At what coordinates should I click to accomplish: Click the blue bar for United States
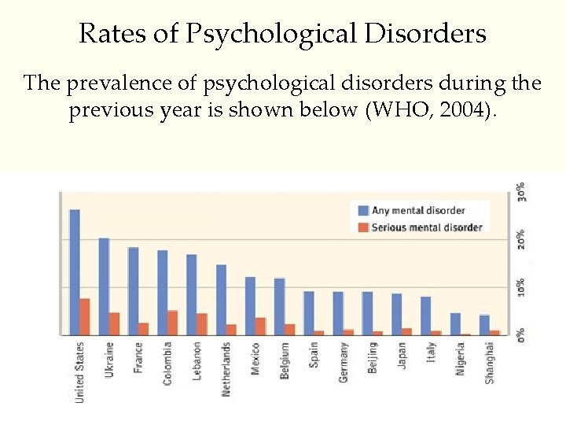pos(75,272)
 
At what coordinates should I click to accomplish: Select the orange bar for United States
pos(85,316)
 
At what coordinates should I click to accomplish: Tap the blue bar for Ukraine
pos(104,286)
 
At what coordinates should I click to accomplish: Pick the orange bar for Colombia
pos(172,323)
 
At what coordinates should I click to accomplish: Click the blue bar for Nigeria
pos(455,324)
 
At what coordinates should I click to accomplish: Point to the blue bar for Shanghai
pos(484,325)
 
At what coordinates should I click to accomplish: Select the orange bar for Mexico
pos(260,326)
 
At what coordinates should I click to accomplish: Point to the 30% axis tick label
pos(521,192)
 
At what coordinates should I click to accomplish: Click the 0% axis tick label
pos(521,334)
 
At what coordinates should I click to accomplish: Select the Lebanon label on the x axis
pos(197,360)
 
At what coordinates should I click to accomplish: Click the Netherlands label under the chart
pos(226,368)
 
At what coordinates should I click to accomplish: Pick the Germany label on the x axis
pos(344,362)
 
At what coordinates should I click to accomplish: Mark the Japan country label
pos(402,355)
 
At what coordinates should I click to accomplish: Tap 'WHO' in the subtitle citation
pos(396,109)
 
